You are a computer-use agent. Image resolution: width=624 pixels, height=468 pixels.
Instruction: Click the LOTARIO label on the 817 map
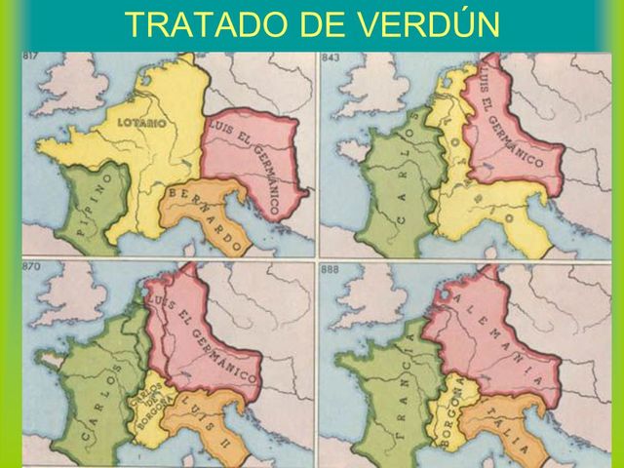click(x=141, y=123)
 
